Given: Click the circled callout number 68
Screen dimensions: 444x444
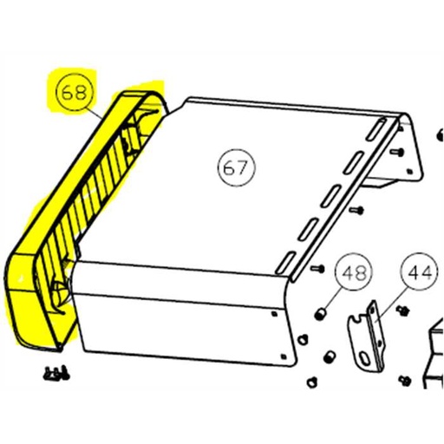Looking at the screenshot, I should tap(73, 92).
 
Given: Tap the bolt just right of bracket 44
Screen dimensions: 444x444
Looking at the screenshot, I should tap(402, 309).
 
